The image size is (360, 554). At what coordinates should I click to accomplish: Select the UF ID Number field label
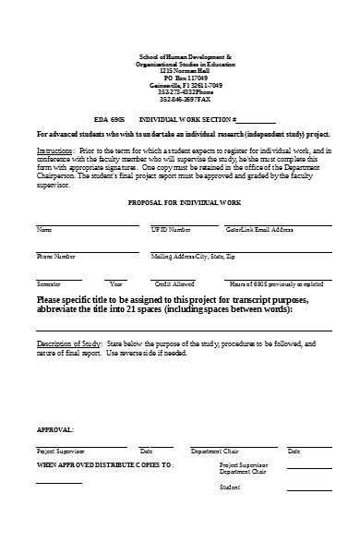coord(171,228)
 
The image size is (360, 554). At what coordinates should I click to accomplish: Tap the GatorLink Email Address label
coord(259,228)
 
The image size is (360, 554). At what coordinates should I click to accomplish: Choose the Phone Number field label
coord(56,256)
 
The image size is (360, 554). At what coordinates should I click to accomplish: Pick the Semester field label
coord(49,283)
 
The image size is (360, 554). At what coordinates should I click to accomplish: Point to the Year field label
coord(115,283)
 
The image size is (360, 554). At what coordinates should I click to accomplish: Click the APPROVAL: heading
coord(55,430)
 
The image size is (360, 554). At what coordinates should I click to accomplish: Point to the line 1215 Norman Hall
coord(179,70)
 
